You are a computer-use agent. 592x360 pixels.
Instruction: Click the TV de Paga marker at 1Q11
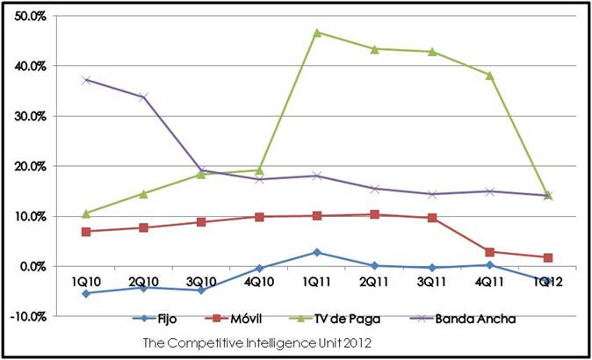(x=317, y=32)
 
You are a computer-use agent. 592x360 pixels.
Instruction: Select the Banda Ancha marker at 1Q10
(x=85, y=80)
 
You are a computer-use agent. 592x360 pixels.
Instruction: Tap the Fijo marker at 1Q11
(x=317, y=252)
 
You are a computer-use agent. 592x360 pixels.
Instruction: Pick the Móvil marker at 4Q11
(x=490, y=252)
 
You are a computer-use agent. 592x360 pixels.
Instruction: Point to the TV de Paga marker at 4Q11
(x=490, y=75)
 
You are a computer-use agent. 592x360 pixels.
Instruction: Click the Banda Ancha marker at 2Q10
(x=143, y=97)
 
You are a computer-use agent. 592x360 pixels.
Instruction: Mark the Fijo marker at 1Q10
(x=85, y=293)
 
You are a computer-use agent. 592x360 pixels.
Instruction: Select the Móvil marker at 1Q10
(x=85, y=231)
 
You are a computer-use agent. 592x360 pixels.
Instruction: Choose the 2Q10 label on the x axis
(x=143, y=281)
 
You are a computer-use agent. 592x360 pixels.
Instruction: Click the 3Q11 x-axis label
(x=432, y=281)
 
